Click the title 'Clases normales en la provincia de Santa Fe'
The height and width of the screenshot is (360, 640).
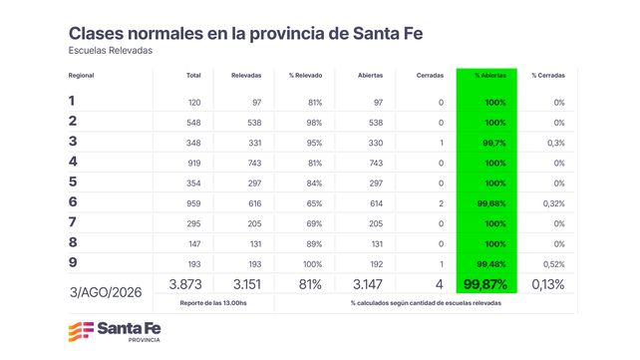click(x=245, y=34)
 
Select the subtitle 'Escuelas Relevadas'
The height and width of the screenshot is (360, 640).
click(x=111, y=51)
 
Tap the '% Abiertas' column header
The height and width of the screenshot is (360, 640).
click(x=490, y=76)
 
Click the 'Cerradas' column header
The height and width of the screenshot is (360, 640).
click(x=430, y=76)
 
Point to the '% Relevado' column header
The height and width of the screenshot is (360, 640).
click(x=305, y=76)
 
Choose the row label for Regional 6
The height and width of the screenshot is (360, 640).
click(x=73, y=201)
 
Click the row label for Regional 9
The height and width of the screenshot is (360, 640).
click(x=73, y=262)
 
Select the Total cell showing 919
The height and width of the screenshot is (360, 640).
click(x=194, y=164)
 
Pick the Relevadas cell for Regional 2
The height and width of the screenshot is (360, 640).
click(x=254, y=123)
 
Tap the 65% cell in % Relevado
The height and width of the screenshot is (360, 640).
click(x=314, y=203)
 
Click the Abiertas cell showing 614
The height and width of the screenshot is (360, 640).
click(x=377, y=203)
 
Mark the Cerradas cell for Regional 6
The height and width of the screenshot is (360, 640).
click(x=441, y=203)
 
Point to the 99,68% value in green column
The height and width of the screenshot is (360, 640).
click(x=491, y=203)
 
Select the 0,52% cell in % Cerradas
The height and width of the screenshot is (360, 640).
click(x=554, y=264)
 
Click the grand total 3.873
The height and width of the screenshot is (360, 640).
click(x=185, y=284)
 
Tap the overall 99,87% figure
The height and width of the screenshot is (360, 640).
click(x=485, y=284)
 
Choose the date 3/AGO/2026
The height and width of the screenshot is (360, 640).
click(x=106, y=292)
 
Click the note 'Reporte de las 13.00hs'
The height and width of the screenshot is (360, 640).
click(x=213, y=303)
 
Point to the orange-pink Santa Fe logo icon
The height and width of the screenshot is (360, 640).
click(x=81, y=331)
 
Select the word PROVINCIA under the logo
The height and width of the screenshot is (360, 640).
click(x=145, y=340)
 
